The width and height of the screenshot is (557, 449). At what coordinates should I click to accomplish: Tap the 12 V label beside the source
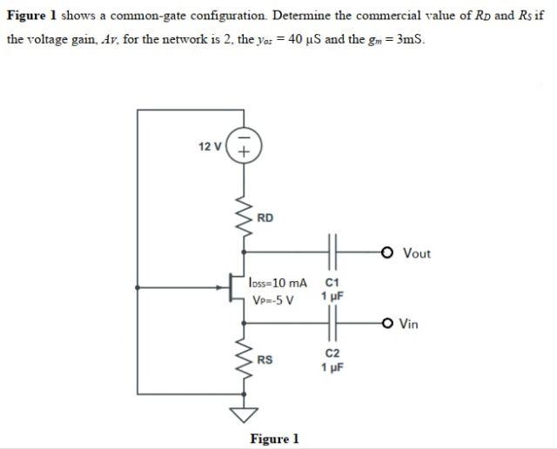click(x=210, y=146)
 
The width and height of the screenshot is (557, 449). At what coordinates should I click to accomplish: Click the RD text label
click(x=265, y=218)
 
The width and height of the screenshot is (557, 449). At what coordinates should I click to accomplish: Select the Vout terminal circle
click(x=386, y=253)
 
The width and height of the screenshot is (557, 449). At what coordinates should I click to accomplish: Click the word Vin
click(x=409, y=325)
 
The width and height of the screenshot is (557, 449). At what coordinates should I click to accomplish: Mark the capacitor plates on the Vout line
click(x=332, y=253)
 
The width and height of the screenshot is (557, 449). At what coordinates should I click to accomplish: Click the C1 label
click(x=331, y=283)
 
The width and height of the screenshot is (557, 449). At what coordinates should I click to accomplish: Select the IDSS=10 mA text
click(x=278, y=284)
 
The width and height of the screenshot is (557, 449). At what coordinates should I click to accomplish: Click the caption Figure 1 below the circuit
click(x=274, y=439)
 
